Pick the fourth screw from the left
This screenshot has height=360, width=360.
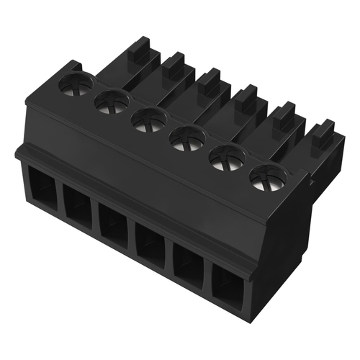[188, 136]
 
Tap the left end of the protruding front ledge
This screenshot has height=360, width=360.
[19, 153]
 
